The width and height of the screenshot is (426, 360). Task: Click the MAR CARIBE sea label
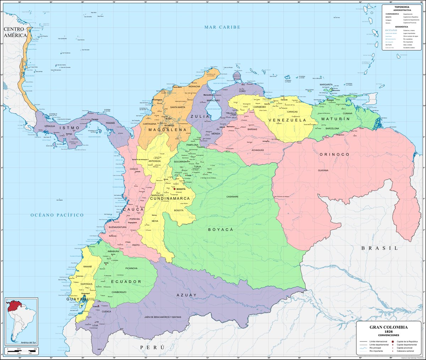(222, 27)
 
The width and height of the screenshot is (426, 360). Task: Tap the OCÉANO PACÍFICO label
(57, 215)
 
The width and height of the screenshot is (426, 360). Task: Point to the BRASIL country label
(379, 248)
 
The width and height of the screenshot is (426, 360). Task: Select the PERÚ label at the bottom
(153, 347)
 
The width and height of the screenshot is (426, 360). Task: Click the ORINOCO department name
(334, 155)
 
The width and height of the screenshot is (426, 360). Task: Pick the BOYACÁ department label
(220, 230)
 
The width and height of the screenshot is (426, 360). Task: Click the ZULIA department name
(197, 116)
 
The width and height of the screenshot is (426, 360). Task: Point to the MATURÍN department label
(335, 119)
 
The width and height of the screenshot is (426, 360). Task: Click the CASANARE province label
(233, 196)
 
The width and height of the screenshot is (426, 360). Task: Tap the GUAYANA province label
(323, 170)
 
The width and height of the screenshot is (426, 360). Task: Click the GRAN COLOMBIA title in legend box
(388, 327)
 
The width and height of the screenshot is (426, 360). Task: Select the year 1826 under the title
(388, 332)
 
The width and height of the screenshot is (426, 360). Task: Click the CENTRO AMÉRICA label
(15, 32)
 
